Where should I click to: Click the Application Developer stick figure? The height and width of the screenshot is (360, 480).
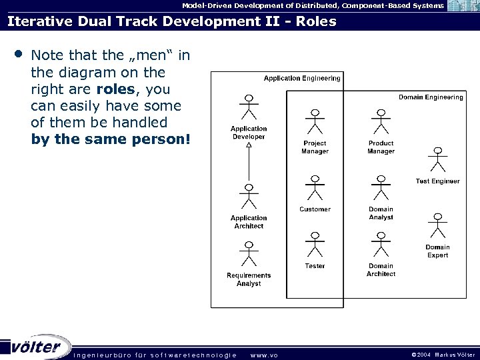(x=248, y=109)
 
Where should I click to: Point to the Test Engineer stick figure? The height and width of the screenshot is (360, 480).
(x=437, y=161)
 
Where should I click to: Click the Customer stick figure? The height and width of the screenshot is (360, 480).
(x=315, y=189)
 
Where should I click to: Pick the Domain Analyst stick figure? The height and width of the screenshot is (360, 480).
(x=381, y=189)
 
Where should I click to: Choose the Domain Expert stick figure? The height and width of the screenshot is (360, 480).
(x=437, y=227)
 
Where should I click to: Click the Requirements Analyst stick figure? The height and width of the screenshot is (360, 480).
(x=248, y=254)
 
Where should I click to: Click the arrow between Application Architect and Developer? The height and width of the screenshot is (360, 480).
(x=248, y=163)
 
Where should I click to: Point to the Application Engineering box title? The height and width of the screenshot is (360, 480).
(x=302, y=78)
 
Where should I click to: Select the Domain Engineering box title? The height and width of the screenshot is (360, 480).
(x=431, y=97)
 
